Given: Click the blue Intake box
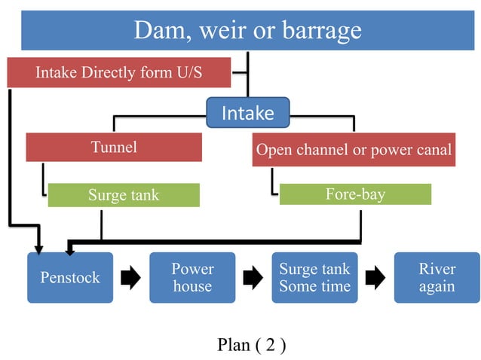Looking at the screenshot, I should [247, 113].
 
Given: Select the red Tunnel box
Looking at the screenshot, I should [114, 147].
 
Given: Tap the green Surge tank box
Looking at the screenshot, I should [124, 195].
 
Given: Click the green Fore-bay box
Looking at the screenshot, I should [355, 194].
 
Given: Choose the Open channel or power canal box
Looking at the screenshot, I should [354, 150].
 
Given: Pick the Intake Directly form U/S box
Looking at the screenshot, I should [118, 73].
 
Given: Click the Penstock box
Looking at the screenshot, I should [70, 278].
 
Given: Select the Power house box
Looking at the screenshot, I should [192, 278].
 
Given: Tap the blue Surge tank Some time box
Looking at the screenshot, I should [314, 278].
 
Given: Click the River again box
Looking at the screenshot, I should [437, 278].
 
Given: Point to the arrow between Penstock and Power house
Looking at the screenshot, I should [131, 279].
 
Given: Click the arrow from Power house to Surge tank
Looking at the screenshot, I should [253, 279].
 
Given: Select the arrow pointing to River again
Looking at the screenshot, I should [375, 279].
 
